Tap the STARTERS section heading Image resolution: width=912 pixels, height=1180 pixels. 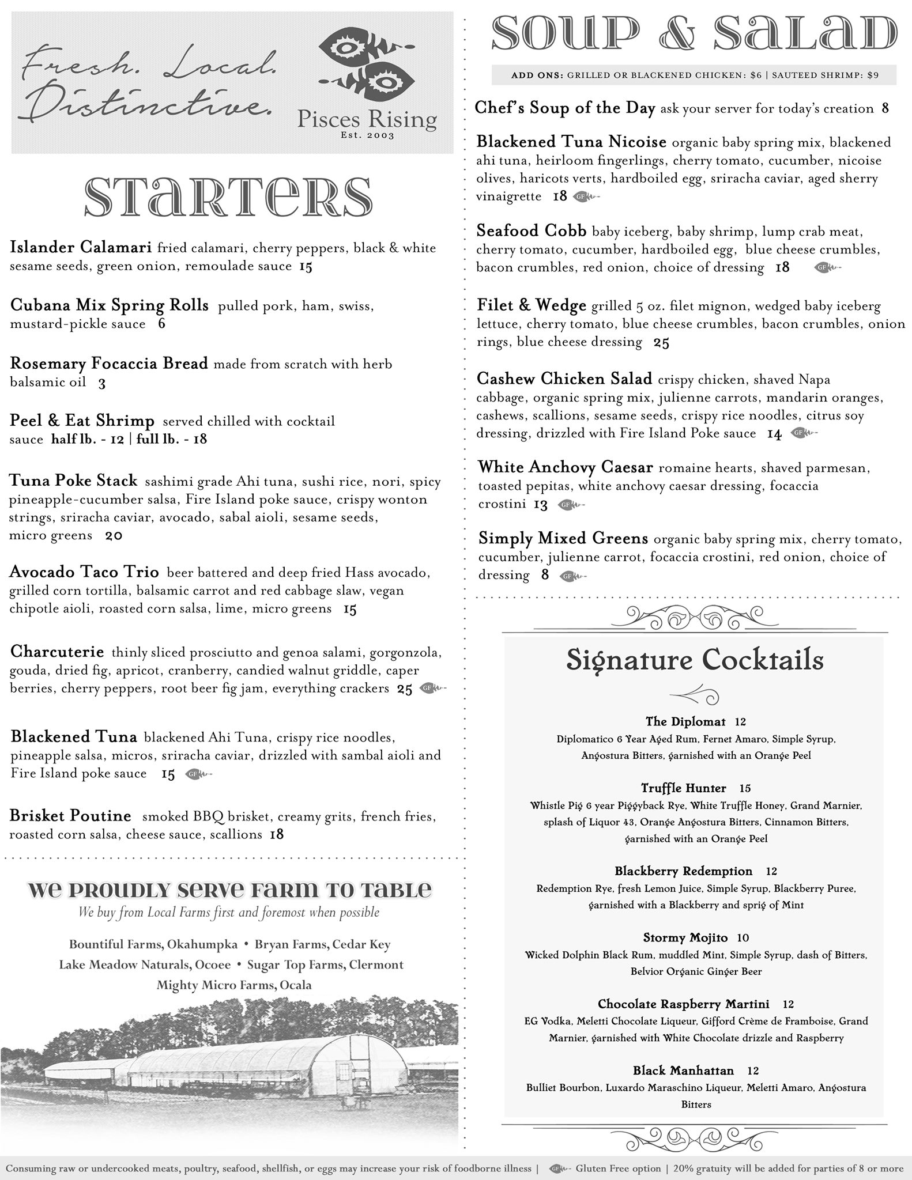228,196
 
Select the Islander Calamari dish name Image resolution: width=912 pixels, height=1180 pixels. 81,248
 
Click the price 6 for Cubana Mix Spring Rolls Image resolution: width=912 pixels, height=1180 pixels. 161,324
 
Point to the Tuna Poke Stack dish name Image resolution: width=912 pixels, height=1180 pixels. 74,481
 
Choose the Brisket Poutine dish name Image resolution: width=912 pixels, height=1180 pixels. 70,816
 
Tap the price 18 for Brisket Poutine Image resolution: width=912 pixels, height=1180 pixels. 277,834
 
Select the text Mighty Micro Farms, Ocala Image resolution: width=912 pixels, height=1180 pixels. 234,985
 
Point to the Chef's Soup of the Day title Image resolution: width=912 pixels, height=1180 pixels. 565,108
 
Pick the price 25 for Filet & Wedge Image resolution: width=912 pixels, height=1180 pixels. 661,343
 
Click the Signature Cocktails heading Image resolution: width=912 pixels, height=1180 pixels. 695,660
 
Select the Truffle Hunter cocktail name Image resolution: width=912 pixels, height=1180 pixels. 683,788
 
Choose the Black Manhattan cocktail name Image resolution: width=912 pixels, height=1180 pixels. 683,1071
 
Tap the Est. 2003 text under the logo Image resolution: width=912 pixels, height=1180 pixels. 367,136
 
